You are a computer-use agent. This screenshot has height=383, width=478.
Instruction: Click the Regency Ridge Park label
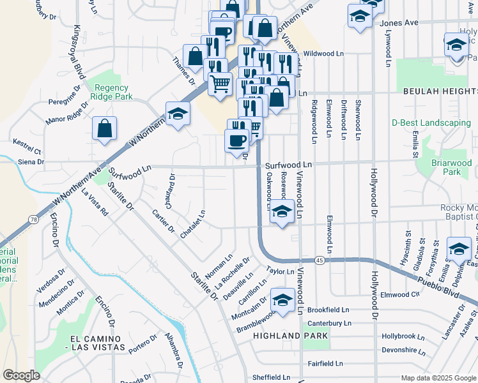click(x=112, y=93)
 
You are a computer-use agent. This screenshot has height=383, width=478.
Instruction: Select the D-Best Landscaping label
click(x=431, y=123)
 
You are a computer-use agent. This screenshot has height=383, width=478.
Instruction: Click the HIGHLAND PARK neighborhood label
click(x=290, y=336)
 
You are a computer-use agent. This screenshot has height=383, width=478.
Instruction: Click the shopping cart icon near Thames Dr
click(x=220, y=83)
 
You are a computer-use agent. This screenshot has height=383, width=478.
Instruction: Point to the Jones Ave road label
click(x=399, y=23)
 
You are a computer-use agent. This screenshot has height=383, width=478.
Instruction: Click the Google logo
click(x=21, y=375)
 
